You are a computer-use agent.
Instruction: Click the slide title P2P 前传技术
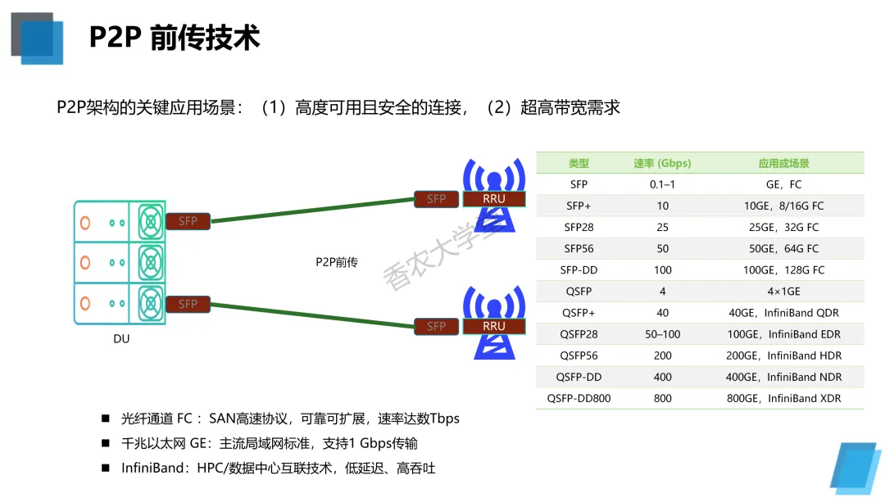tap(175, 38)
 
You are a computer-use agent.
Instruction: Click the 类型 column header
tap(579, 163)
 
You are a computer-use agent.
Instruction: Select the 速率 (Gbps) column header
tap(662, 163)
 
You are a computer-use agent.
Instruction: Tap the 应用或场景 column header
tap(783, 163)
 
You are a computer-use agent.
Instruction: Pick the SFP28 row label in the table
tap(579, 227)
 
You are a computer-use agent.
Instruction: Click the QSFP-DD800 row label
tap(579, 398)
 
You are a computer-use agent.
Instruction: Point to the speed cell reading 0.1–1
tap(662, 184)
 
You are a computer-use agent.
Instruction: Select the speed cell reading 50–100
tap(662, 334)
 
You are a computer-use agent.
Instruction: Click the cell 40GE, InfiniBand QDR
tap(783, 313)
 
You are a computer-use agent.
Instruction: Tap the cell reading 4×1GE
tap(783, 291)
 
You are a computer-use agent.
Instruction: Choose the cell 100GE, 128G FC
tap(783, 269)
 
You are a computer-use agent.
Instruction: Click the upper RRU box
tap(494, 199)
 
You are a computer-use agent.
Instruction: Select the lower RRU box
tap(494, 326)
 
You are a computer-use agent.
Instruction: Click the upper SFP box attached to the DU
tap(188, 221)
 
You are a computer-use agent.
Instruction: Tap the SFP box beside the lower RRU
tap(436, 326)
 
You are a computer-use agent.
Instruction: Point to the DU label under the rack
tap(121, 339)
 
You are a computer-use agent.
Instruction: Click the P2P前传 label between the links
tap(337, 262)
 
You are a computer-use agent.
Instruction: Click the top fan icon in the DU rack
tap(150, 221)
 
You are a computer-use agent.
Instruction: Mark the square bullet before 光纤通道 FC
tap(106, 419)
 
